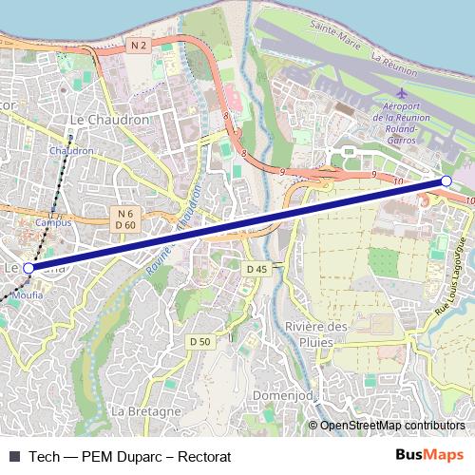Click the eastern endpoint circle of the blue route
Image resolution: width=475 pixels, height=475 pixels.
click(x=446, y=180)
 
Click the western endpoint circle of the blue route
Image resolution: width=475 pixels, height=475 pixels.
click(x=28, y=269)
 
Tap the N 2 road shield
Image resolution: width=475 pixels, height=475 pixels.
click(x=139, y=45)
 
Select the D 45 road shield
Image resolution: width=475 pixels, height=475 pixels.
click(x=256, y=269)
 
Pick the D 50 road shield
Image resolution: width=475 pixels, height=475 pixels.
click(x=199, y=341)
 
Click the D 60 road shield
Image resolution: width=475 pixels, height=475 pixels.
click(x=126, y=224)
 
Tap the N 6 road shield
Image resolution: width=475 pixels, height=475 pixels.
click(x=126, y=212)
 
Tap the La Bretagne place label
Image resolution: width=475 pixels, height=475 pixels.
click(x=146, y=411)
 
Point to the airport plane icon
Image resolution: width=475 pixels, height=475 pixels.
click(x=399, y=92)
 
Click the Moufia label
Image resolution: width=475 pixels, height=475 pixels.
click(x=28, y=284)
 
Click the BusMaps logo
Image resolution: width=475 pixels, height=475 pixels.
click(x=429, y=455)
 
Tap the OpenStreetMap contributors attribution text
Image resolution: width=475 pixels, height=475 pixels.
click(x=391, y=426)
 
